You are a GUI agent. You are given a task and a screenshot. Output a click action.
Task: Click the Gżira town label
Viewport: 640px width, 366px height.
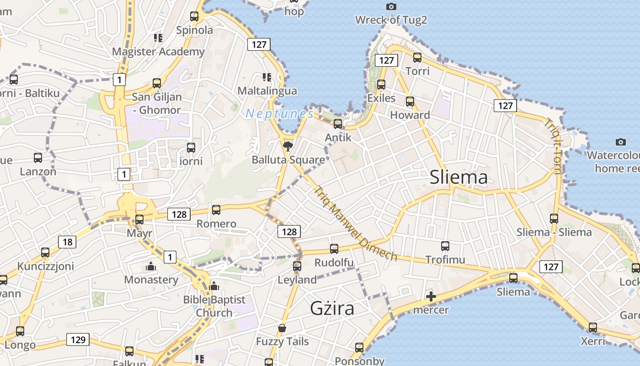point(332,308)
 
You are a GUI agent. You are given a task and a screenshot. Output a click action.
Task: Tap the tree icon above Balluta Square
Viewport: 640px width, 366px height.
point(288,146)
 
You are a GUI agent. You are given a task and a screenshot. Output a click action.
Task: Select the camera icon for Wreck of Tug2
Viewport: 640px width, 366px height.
point(391,6)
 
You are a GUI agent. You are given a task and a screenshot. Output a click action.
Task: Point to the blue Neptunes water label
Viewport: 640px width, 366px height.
point(279,113)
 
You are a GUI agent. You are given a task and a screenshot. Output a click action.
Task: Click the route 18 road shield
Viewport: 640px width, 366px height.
point(67,242)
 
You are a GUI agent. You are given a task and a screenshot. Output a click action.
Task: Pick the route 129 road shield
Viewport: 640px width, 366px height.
point(78,339)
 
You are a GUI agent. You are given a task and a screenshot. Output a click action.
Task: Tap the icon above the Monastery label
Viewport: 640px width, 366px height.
point(150,266)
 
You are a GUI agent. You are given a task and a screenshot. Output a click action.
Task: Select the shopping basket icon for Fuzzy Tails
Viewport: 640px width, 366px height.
point(282,328)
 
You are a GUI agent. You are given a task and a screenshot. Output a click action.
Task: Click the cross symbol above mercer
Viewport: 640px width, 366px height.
point(431,296)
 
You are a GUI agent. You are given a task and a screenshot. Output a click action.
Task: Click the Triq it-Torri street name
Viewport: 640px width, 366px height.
point(553,146)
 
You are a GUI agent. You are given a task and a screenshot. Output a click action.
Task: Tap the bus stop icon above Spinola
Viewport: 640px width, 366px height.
point(194,16)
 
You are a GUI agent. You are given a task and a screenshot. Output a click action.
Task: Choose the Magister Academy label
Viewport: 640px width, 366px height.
point(158,52)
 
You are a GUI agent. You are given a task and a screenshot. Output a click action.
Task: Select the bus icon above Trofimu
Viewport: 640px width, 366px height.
point(445,246)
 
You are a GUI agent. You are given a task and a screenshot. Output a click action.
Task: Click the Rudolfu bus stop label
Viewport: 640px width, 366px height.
point(334,263)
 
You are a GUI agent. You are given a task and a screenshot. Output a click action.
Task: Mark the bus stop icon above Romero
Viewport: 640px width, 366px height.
point(216,210)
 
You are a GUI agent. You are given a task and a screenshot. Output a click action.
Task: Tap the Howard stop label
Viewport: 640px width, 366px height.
point(410,115)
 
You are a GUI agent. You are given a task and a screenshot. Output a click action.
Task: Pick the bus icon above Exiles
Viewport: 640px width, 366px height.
point(381,85)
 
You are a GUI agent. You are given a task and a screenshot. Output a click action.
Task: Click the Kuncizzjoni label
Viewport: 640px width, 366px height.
point(45,266)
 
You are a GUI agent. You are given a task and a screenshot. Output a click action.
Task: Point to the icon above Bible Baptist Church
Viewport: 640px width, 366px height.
point(214,286)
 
